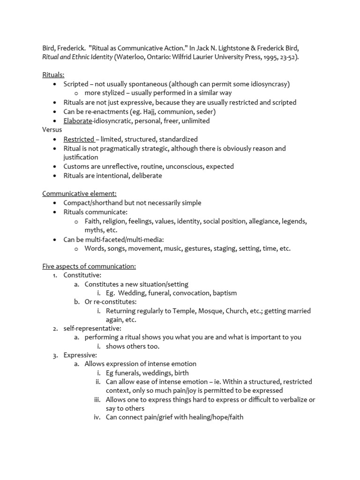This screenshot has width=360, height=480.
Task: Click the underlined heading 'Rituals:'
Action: (x=53, y=75)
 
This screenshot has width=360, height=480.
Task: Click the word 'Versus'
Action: (x=52, y=130)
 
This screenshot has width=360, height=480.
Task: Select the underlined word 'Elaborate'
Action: (x=78, y=121)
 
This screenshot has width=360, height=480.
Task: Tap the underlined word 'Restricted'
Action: (x=79, y=139)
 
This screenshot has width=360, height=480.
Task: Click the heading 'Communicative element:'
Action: (x=79, y=194)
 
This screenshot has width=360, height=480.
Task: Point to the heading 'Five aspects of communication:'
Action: (x=89, y=266)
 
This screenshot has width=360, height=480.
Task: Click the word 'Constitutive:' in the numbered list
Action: (x=82, y=275)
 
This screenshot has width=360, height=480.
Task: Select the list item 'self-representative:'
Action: (x=92, y=328)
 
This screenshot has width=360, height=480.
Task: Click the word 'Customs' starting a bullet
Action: (x=77, y=166)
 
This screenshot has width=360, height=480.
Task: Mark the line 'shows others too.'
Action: (x=133, y=346)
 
